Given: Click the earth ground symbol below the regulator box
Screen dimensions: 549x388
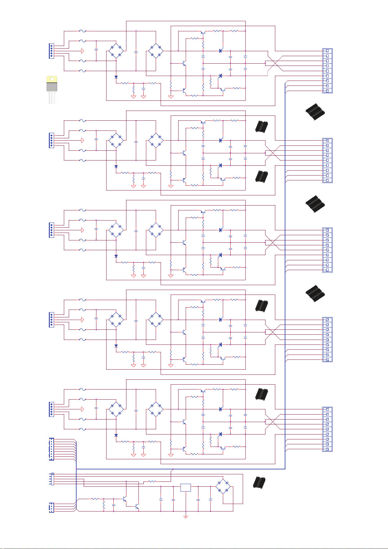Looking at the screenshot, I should (186, 517).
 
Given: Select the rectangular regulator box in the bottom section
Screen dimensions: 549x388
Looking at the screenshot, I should (186, 487).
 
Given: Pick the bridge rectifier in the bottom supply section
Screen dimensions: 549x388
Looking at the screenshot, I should (223, 487).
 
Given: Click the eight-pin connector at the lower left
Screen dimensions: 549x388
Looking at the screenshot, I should (51, 449).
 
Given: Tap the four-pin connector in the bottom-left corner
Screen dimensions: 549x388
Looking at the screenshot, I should (51, 507).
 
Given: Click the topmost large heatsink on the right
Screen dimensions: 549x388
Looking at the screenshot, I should (315, 113).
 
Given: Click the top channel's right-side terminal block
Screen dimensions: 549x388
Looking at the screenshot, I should (327, 71).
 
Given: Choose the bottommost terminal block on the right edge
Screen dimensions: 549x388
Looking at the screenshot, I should (327, 429).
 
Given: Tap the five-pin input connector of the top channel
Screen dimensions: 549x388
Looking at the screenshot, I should (51, 51).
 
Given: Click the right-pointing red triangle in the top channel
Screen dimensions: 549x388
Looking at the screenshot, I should (83, 51).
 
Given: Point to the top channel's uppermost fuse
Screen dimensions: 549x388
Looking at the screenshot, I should (83, 31).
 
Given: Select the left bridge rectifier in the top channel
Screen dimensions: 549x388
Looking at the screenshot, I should (116, 51).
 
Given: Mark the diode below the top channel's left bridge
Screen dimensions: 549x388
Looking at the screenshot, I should (116, 77).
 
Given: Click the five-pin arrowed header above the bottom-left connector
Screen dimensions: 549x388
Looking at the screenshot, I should (52, 479).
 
